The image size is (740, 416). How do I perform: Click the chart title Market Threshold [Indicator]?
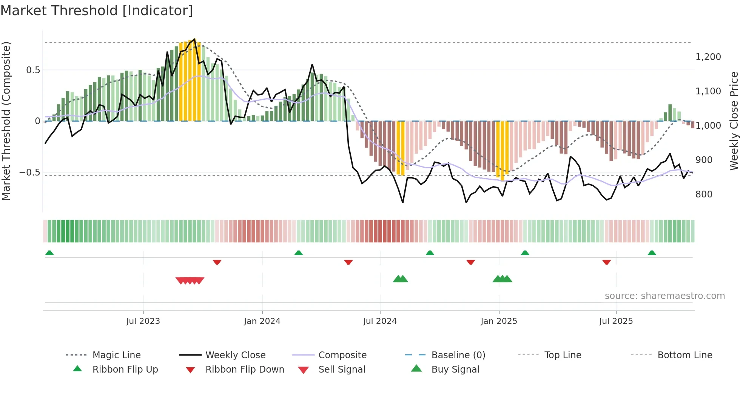pos(97,11)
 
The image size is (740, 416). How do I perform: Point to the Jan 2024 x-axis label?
pos(262,321)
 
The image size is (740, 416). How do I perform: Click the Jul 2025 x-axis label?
pos(616,321)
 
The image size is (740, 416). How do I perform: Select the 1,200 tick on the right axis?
pos(708,57)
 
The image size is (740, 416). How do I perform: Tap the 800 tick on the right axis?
pos(704,194)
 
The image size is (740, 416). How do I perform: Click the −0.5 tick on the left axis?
pos(29,173)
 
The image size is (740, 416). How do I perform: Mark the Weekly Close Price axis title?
pos(734,121)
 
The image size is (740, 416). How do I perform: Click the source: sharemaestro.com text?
pos(664,296)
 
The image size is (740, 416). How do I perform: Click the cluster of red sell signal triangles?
pos(190,280)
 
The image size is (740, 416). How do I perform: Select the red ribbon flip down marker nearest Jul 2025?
pos(606,262)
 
